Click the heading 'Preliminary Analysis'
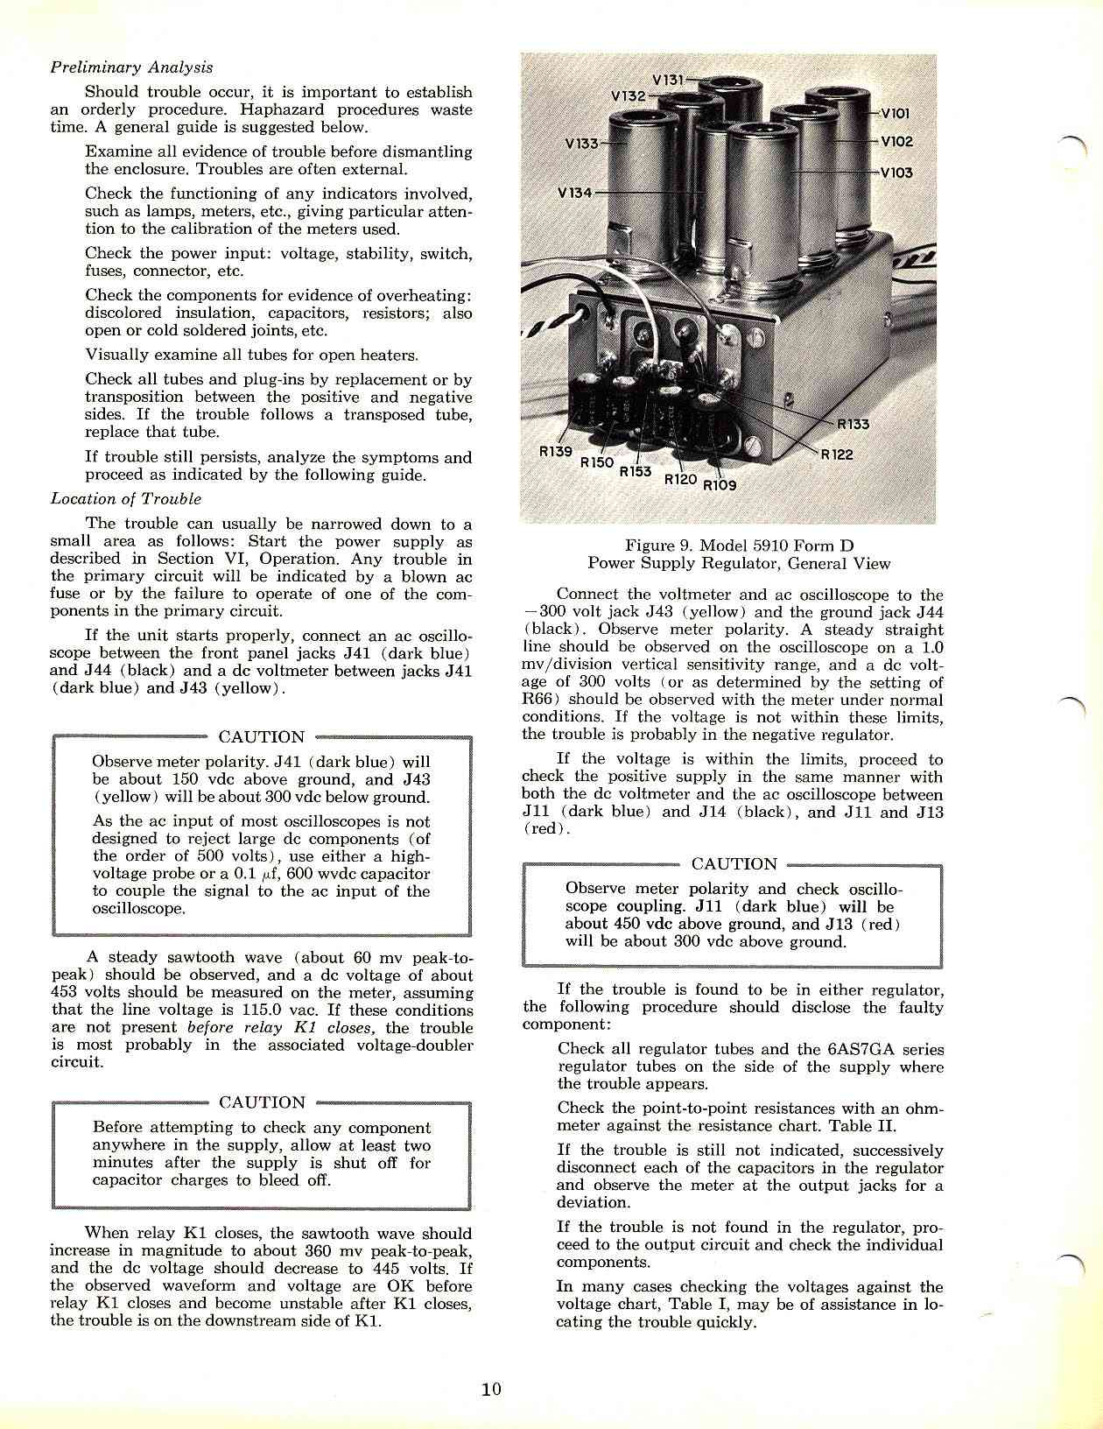tap(131, 67)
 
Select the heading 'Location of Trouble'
tap(125, 499)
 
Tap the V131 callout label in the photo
tap(670, 79)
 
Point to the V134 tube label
tap(574, 193)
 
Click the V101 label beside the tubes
tap(896, 113)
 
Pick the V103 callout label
tap(896, 172)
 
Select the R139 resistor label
tap(554, 452)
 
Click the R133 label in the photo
tap(854, 425)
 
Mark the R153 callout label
tap(636, 472)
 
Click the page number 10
tap(491, 1389)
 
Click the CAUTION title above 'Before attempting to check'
tap(262, 1102)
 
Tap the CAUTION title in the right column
tap(734, 864)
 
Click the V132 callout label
tap(627, 95)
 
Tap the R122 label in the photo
tap(836, 454)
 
